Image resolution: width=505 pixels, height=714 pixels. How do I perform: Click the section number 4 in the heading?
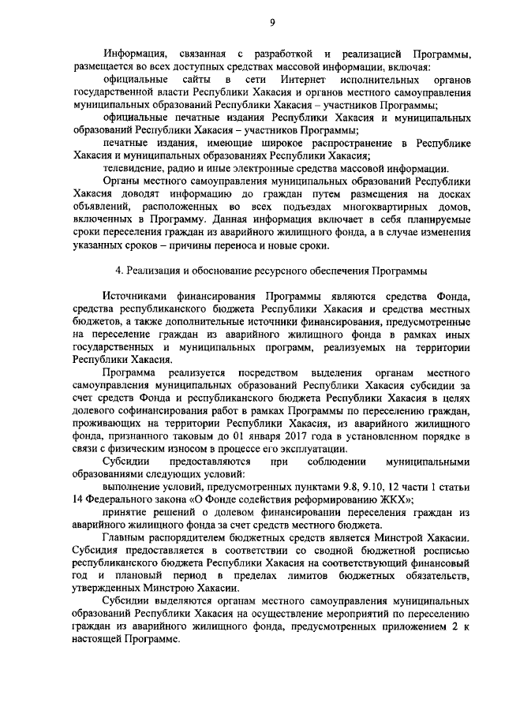pyautogui.click(x=118, y=271)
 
